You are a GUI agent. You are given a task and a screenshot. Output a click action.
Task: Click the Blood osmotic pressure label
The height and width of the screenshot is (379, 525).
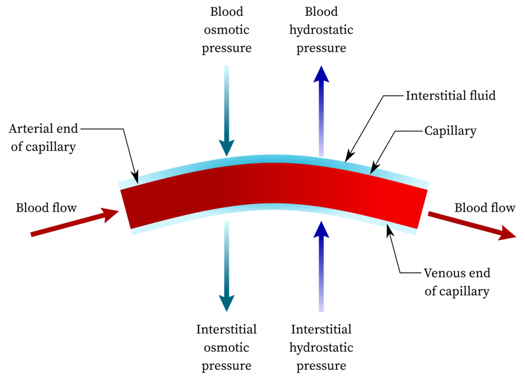226,30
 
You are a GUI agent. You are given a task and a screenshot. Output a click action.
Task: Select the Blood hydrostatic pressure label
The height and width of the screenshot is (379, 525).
321,30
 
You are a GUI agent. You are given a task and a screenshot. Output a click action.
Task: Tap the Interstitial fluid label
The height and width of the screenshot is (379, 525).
451,95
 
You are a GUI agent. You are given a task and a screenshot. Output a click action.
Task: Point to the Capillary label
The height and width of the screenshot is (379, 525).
450,131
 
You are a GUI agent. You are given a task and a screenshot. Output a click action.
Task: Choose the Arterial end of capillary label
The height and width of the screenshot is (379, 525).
44,137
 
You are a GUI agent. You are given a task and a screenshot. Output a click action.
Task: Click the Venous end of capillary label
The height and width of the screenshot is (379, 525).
457,282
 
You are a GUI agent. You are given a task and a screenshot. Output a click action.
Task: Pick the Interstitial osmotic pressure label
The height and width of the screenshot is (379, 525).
226,347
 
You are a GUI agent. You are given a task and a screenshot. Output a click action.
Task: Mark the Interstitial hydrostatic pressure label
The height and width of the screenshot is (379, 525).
321,347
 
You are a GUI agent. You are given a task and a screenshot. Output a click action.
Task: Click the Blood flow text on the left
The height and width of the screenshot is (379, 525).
46,207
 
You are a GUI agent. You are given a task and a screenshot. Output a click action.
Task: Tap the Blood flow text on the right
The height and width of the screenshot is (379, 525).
484,207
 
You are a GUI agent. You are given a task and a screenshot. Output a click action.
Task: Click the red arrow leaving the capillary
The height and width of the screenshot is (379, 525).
471,225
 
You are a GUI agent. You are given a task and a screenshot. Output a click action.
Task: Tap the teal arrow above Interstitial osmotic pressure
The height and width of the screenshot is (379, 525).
226,267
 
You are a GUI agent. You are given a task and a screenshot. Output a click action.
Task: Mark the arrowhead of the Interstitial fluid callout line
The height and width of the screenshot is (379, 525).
348,157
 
